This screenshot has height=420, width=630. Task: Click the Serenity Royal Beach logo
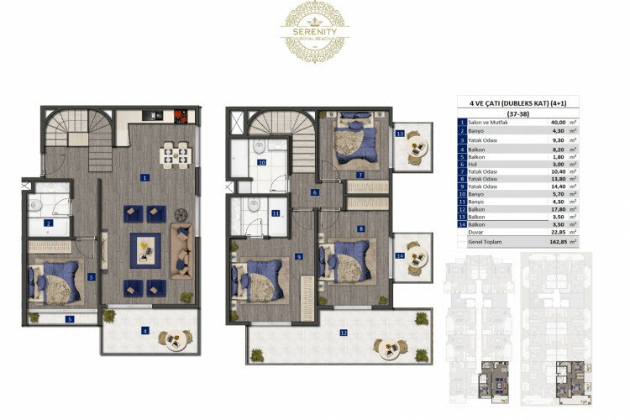click(315, 31)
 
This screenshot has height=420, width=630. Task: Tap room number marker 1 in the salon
click(145, 178)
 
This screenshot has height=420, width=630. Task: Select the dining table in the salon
click(177, 154)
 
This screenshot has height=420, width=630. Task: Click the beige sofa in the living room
click(181, 250)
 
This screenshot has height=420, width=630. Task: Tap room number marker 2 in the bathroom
click(49, 223)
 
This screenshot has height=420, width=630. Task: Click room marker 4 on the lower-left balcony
click(145, 330)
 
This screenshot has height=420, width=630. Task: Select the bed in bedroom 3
click(56, 280)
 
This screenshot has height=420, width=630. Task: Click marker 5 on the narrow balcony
click(70, 319)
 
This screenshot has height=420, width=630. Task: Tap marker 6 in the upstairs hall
click(314, 193)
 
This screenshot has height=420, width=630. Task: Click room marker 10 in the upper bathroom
click(261, 162)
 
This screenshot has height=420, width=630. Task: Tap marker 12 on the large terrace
click(343, 333)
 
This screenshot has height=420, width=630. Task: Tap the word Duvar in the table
click(475, 233)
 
